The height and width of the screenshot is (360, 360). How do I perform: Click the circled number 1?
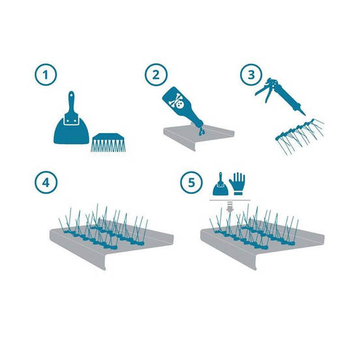point(46,75)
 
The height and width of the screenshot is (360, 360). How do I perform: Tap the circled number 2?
point(156,75)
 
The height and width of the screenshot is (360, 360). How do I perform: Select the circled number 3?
point(251,75)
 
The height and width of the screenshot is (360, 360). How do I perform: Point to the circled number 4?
point(46,183)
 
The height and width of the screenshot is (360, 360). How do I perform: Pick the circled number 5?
point(192,183)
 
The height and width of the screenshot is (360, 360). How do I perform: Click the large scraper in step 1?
point(71,122)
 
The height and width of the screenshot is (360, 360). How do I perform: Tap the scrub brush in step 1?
point(109,142)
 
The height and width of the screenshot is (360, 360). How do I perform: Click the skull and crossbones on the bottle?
point(176,102)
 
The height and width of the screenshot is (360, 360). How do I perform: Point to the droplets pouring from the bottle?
point(202,130)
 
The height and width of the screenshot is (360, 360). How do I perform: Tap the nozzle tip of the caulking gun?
point(305,114)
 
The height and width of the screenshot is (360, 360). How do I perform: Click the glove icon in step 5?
point(237,184)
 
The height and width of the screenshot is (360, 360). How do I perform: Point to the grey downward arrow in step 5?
point(230,207)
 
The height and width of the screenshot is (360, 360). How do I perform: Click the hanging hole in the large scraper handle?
point(71,94)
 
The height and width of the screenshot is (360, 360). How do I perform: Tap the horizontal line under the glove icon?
point(230,200)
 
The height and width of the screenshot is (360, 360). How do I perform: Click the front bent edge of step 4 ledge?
point(78,250)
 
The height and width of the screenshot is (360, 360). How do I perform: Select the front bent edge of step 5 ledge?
point(229,250)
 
